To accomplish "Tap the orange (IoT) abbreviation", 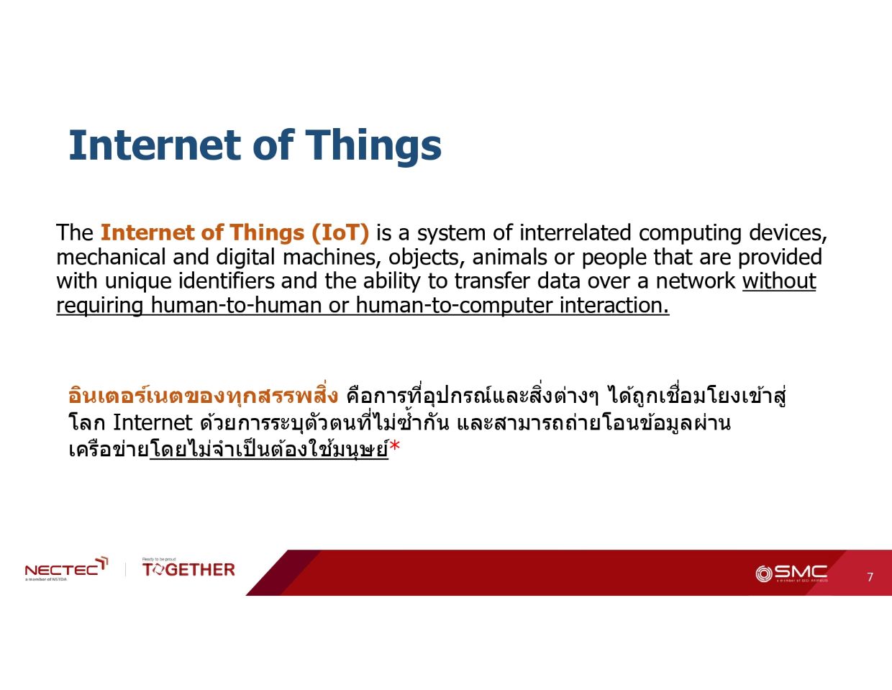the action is click(x=340, y=232).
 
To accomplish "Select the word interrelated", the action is click(x=575, y=232).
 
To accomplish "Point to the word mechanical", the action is click(x=111, y=258).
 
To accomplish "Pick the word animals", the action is click(x=509, y=258).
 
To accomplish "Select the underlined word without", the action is click(x=779, y=281).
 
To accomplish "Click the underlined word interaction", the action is click(x=614, y=306).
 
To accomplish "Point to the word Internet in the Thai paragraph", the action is click(x=153, y=423).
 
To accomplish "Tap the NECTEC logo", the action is click(x=66, y=569).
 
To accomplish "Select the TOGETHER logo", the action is click(x=188, y=568).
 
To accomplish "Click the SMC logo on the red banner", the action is click(x=791, y=573).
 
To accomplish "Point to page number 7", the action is click(x=870, y=577).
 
